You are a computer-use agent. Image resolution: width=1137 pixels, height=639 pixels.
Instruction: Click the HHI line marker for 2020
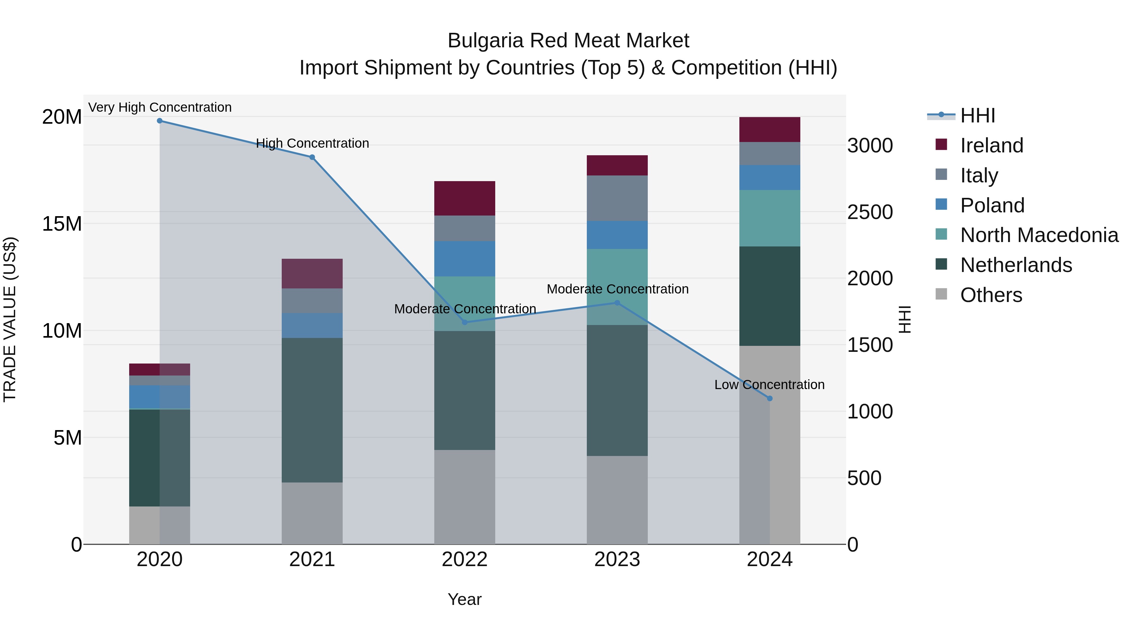tap(160, 121)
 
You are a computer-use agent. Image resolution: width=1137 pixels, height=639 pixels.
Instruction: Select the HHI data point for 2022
tap(465, 322)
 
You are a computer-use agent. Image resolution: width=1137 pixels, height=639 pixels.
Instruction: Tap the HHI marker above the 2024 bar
tap(770, 399)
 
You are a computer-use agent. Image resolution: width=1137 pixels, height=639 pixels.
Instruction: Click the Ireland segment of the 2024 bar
tap(770, 130)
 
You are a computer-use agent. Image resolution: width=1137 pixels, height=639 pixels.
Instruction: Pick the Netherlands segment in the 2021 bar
tap(312, 410)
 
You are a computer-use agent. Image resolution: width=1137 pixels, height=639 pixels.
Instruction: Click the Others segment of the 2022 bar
tap(465, 497)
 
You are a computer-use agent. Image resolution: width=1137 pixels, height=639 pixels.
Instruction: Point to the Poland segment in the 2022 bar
tap(465, 259)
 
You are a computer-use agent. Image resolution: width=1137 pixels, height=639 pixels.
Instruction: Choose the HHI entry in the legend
tap(977, 115)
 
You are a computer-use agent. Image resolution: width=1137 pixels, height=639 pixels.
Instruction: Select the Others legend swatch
tap(941, 294)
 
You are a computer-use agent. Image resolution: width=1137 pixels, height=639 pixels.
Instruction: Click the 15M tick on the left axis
tap(62, 224)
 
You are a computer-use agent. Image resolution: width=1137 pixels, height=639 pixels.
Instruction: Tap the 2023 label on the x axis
tap(617, 559)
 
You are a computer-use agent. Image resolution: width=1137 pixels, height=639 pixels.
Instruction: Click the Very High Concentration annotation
tap(160, 107)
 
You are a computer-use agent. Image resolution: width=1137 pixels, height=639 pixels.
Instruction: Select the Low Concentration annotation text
tap(769, 385)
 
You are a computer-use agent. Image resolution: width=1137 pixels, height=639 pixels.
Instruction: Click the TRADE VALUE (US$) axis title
tap(10, 319)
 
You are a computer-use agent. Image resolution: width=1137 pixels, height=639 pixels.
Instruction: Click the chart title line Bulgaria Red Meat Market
tap(568, 41)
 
